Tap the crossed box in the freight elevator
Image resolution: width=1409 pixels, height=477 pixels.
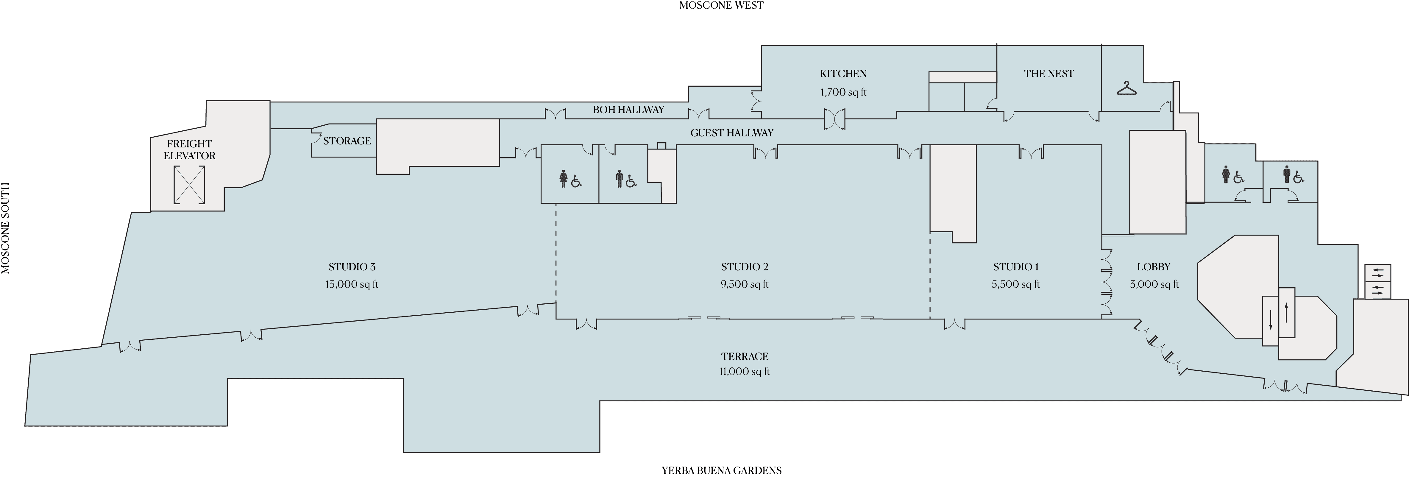[189, 185]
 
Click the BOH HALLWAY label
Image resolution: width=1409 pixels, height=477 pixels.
[628, 109]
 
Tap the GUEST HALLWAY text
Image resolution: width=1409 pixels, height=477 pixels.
[732, 132]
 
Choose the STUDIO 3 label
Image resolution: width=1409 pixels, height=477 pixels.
[352, 267]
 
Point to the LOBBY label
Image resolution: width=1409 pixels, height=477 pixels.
[1154, 267]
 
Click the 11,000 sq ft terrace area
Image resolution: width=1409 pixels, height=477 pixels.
[745, 371]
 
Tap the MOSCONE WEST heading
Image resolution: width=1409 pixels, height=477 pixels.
[721, 5]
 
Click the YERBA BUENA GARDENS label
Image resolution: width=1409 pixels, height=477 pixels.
[721, 470]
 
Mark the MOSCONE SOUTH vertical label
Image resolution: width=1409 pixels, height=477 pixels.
[5, 228]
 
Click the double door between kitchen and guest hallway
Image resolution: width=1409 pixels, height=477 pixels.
[835, 119]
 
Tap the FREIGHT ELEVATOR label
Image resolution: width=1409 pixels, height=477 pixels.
[189, 149]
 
